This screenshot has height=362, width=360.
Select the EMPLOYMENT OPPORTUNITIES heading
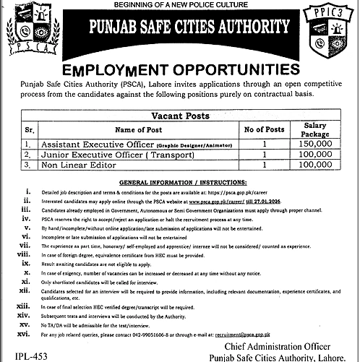[x=179, y=71]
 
